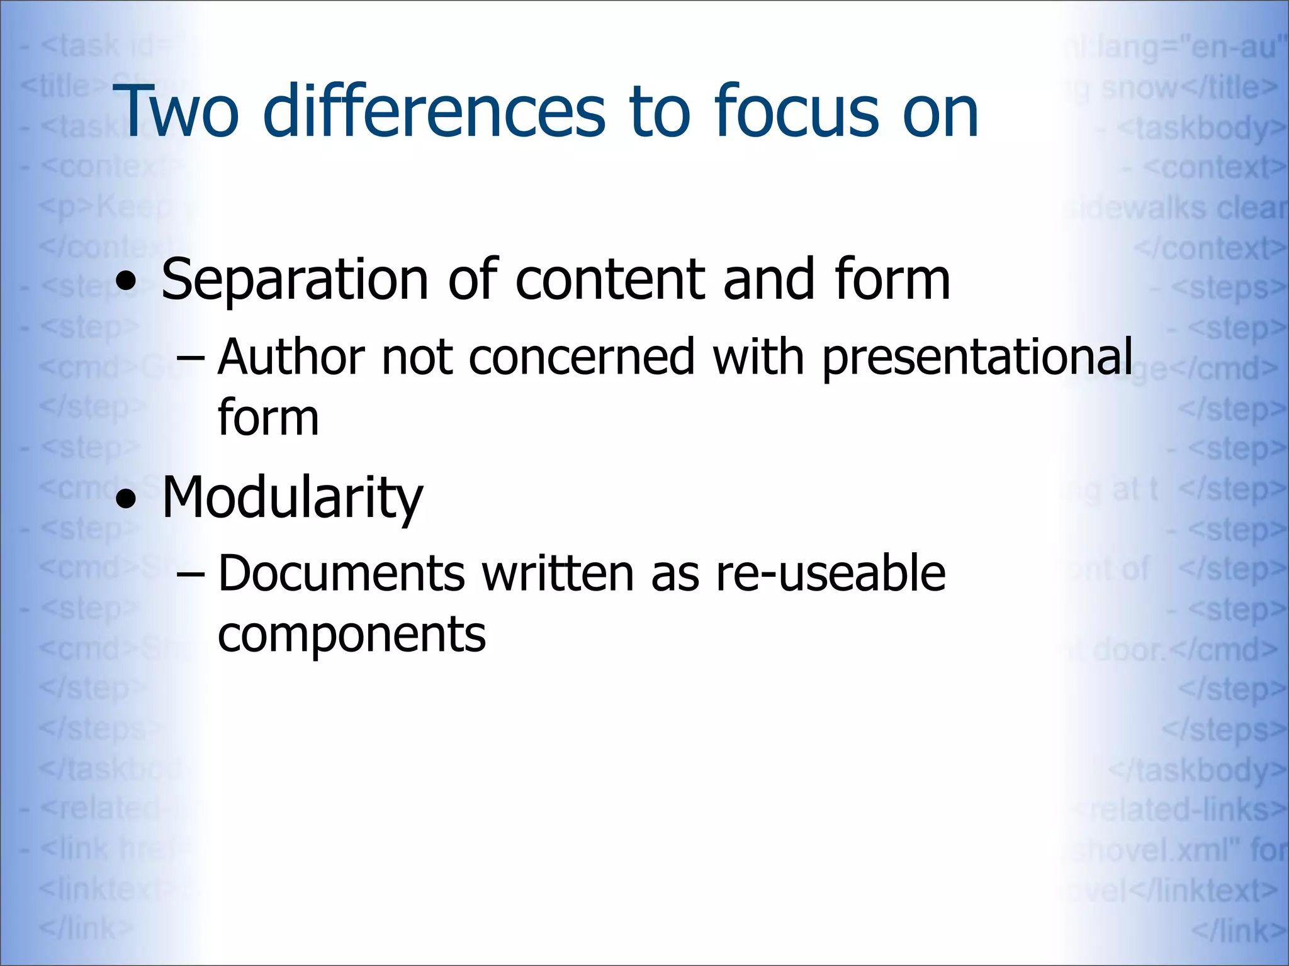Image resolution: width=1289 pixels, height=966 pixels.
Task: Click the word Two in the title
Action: [176, 112]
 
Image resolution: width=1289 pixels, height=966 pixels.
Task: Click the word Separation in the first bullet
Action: [295, 280]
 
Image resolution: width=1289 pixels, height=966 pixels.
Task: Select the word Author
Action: [291, 357]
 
